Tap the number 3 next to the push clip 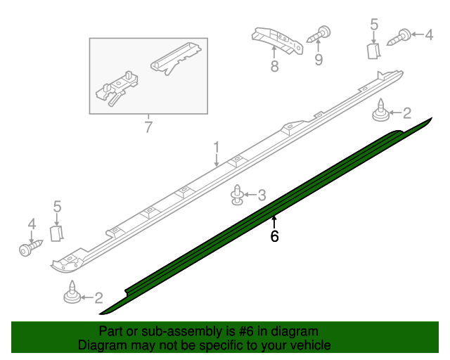coord(262,195)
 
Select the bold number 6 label coord(274,237)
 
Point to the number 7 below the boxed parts coord(148,127)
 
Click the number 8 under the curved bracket coord(274,67)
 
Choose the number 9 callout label coord(319,60)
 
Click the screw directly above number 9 coord(323,32)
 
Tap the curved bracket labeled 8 coord(278,40)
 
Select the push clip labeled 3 coord(239,195)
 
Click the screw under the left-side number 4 coord(30,248)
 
